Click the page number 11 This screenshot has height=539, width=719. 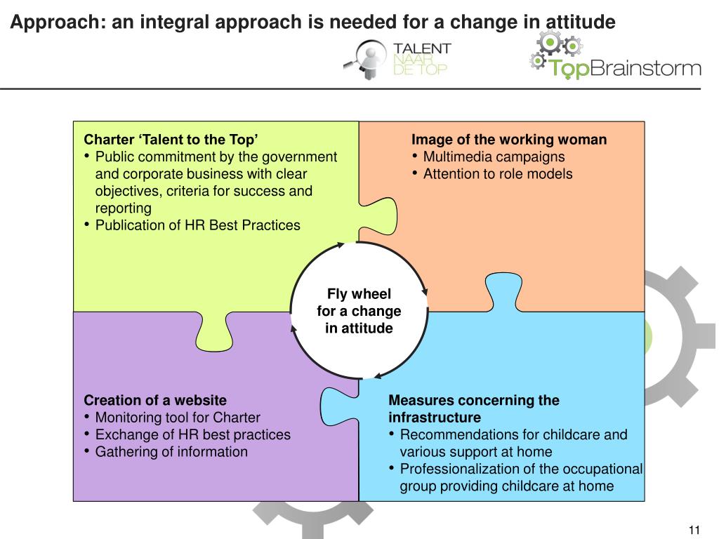click(695, 529)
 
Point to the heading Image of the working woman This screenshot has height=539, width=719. click(509, 139)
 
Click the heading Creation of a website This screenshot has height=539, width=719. click(155, 401)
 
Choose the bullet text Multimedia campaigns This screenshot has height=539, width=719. click(494, 157)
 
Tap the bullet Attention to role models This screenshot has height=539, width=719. click(498, 174)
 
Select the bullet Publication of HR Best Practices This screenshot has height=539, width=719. click(197, 225)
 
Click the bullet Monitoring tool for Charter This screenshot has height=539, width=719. click(178, 418)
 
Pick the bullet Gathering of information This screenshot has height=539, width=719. click(171, 452)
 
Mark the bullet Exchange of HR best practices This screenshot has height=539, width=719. click(192, 435)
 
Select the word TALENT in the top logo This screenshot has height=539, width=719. click(423, 48)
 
